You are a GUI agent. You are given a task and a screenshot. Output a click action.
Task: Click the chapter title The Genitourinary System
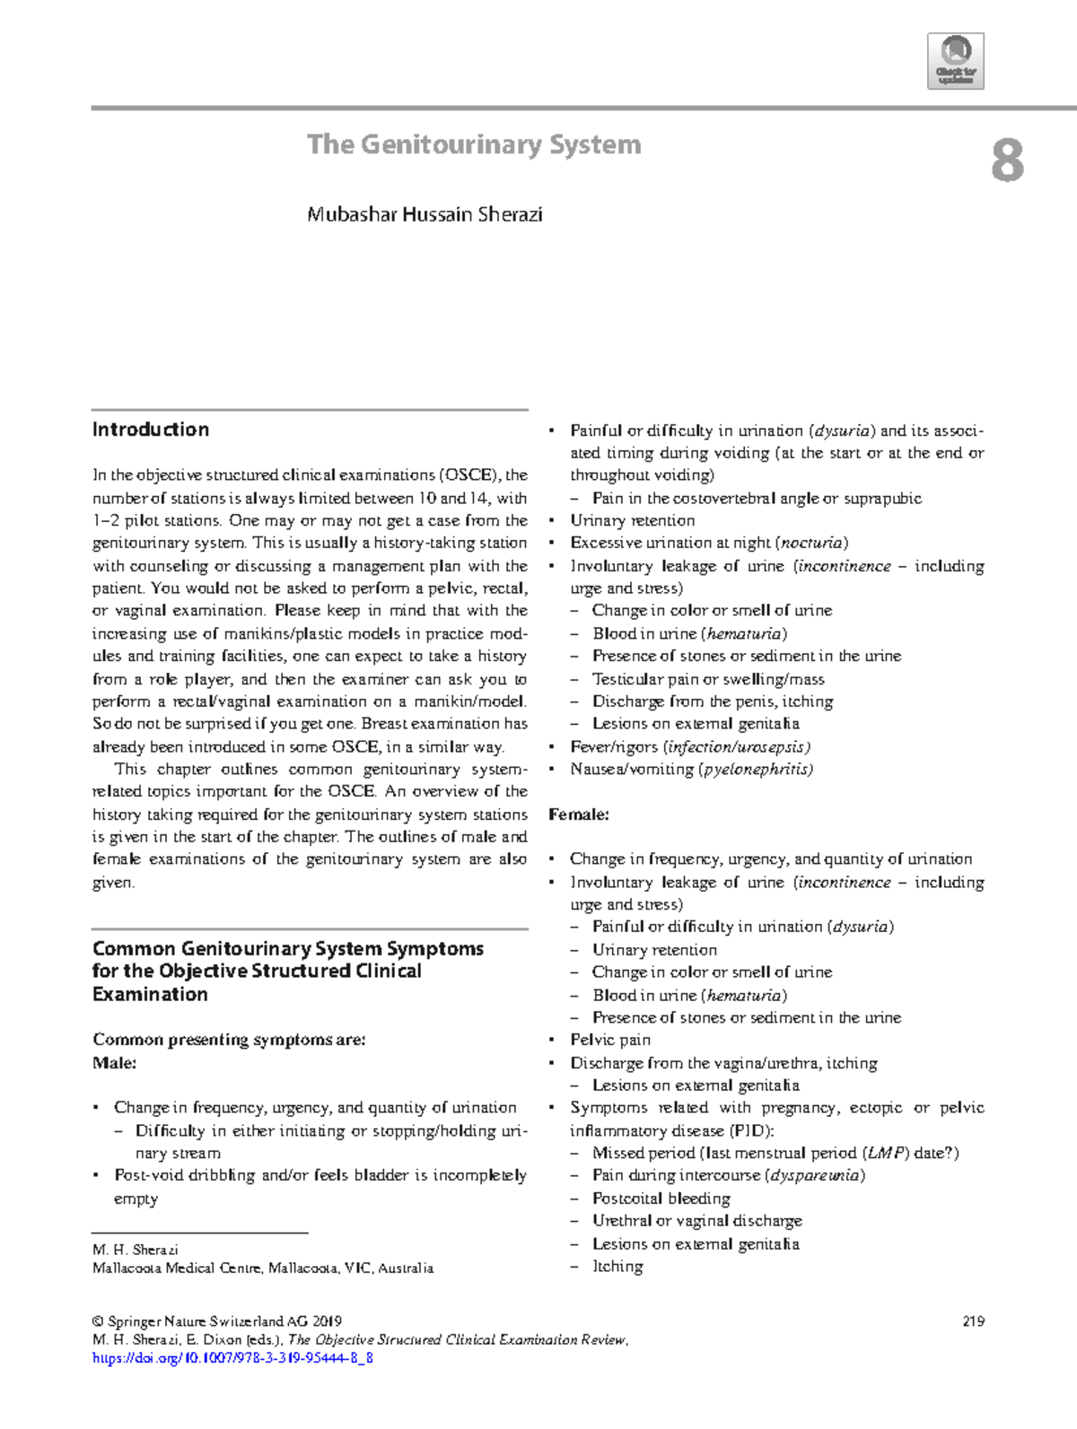tap(474, 144)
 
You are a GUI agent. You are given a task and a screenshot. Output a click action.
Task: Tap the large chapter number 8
tap(1007, 162)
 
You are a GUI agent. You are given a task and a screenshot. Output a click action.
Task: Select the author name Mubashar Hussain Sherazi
tap(425, 214)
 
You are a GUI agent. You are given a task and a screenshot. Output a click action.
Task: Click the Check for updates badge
tap(956, 61)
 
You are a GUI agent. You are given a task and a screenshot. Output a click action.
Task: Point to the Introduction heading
tap(151, 430)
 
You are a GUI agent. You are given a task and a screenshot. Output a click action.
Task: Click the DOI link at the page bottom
tap(233, 1358)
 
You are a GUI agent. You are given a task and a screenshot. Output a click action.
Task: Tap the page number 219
tap(973, 1320)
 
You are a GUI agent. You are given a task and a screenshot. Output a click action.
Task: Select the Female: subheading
tap(579, 815)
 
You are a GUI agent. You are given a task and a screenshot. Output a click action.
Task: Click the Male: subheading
tap(115, 1063)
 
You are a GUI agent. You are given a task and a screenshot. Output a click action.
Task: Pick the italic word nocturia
tap(812, 543)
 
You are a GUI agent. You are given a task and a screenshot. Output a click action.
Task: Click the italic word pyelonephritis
tap(757, 769)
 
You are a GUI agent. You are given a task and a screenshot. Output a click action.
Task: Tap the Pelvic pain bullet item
tap(610, 1040)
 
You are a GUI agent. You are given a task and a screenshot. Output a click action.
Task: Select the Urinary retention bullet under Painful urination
tap(632, 520)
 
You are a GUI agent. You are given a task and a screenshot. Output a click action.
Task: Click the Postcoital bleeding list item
tap(661, 1198)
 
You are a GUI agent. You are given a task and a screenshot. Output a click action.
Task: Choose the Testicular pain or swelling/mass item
tap(708, 679)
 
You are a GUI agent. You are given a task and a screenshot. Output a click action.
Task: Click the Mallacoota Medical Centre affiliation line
tap(263, 1268)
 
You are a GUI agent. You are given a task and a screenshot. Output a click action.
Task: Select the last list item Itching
tap(617, 1267)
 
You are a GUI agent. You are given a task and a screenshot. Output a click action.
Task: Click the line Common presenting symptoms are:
tap(229, 1040)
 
